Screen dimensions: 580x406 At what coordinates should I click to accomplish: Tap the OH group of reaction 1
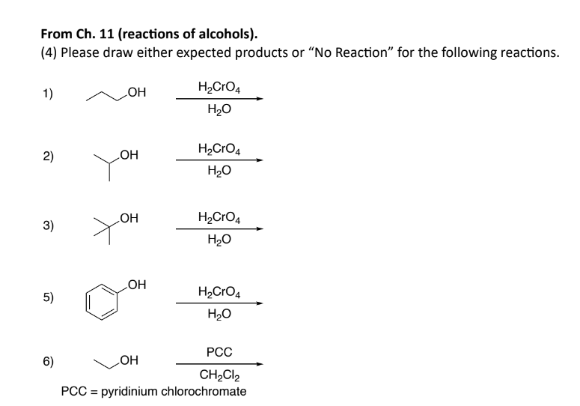[x=138, y=94]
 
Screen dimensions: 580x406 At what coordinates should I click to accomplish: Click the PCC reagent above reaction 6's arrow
[x=219, y=351]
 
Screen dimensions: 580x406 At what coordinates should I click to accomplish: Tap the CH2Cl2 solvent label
[x=219, y=375]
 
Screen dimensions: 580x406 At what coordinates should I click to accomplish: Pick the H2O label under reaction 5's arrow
[x=219, y=315]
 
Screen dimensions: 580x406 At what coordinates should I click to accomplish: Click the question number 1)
[x=47, y=94]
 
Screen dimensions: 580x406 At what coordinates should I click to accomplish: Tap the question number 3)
[x=47, y=225]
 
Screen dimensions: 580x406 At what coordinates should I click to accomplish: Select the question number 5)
[x=47, y=297]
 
